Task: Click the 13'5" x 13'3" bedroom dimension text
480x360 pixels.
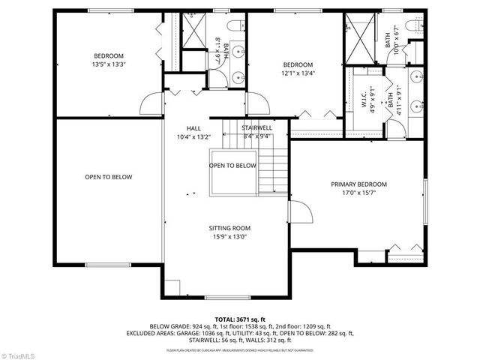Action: click(x=109, y=64)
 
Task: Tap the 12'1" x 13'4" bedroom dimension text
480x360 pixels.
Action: click(x=298, y=73)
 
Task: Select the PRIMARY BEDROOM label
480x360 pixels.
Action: click(x=359, y=184)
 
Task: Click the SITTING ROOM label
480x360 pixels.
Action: click(x=229, y=228)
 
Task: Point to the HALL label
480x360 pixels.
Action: click(x=193, y=128)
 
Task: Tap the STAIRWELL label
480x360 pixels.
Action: click(x=256, y=128)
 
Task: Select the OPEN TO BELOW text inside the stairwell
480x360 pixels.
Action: click(x=232, y=166)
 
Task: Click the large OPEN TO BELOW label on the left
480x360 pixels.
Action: click(x=108, y=177)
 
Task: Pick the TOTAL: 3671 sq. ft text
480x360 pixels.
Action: click(x=240, y=319)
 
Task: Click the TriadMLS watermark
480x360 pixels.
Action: click(x=21, y=353)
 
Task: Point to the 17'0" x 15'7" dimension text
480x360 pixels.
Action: click(x=359, y=193)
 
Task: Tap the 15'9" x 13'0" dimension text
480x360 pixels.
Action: click(x=229, y=237)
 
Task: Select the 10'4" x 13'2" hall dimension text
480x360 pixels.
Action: click(x=193, y=136)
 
